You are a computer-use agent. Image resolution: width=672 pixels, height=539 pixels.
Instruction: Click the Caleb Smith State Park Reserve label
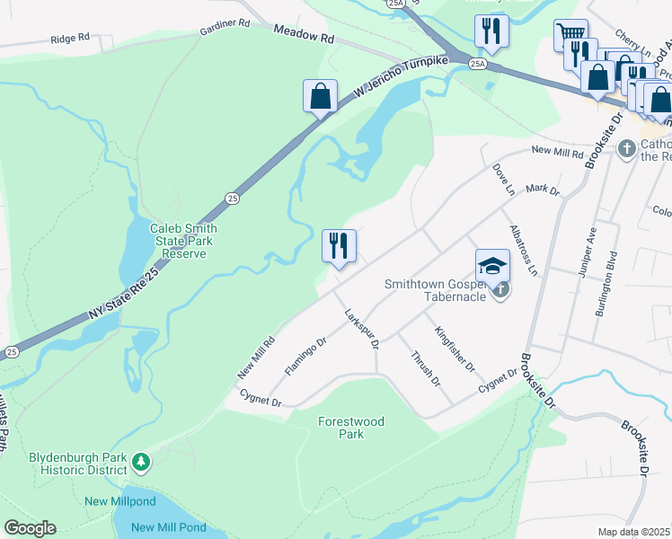point(184,241)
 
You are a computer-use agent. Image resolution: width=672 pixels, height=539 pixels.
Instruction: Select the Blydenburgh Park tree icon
point(141,463)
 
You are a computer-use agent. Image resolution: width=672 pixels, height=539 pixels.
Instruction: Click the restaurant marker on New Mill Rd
point(340,246)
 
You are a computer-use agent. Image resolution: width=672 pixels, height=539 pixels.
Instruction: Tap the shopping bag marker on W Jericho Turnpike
point(321,96)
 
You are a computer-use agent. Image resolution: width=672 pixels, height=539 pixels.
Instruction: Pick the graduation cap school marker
point(492,266)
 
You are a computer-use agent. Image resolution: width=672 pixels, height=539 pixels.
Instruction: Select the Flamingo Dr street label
point(305,355)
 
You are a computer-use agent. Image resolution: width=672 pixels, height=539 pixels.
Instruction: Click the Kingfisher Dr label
point(455,349)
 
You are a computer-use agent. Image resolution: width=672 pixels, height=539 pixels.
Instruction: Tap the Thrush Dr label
point(425,368)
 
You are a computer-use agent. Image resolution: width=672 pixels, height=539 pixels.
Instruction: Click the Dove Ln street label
point(504,180)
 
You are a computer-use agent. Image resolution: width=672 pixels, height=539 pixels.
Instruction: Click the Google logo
point(30,528)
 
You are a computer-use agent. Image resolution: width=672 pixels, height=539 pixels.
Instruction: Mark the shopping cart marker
point(570,35)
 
